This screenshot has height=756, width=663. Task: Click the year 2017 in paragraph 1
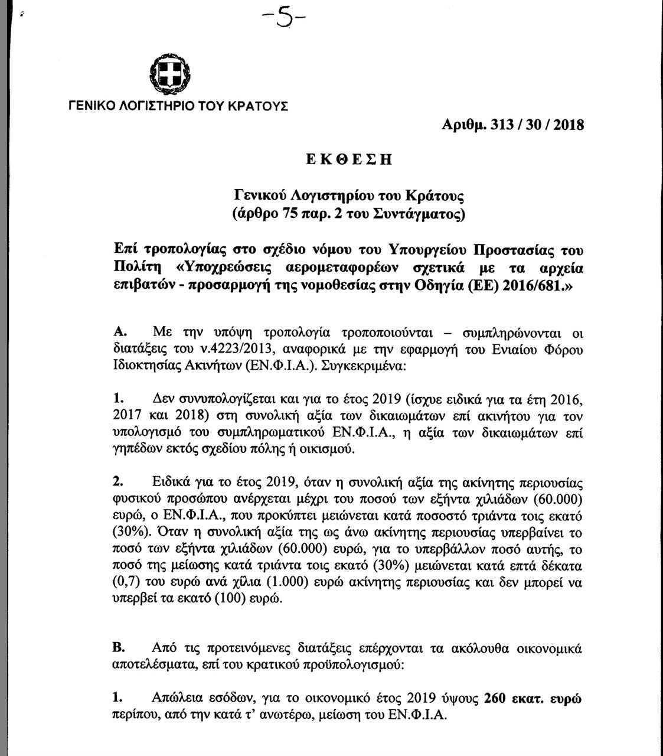125,413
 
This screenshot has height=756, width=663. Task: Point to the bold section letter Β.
116,648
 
